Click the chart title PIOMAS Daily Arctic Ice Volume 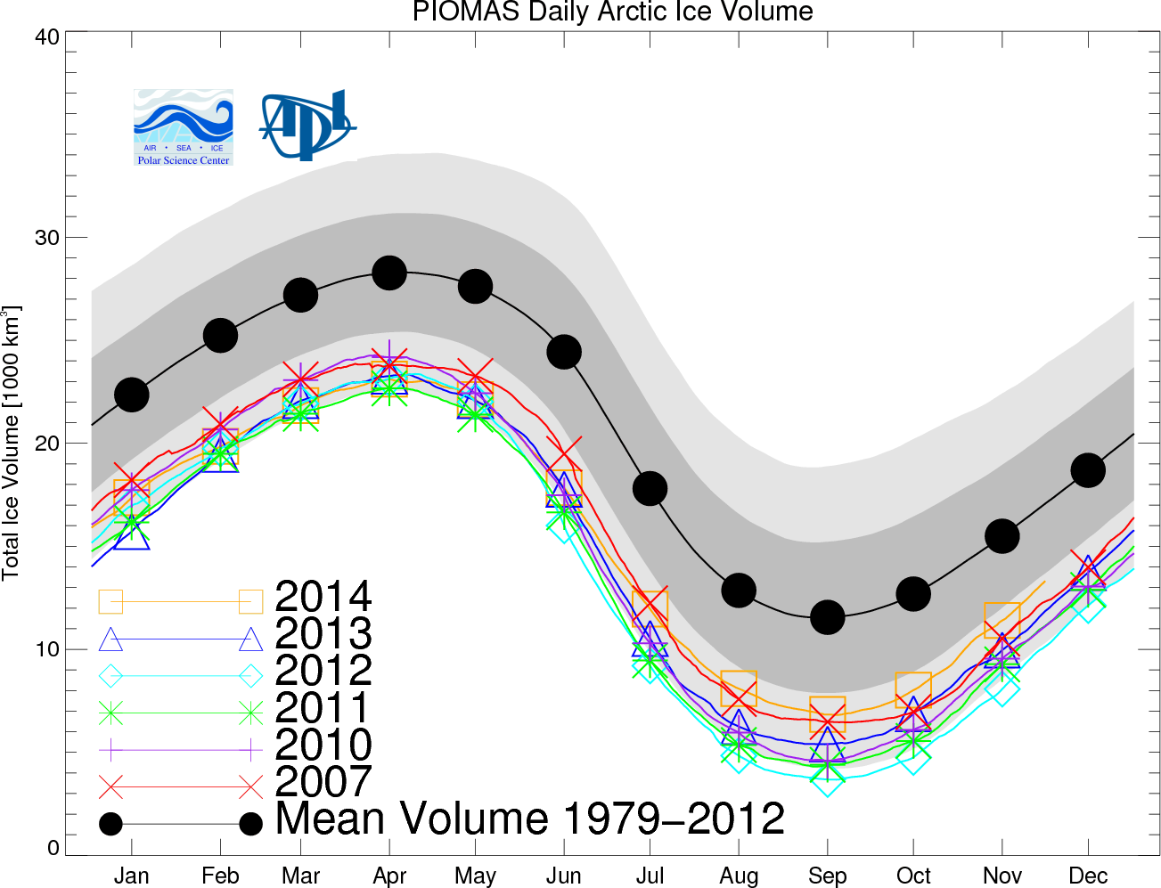(612, 12)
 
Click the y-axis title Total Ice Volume (12, 443)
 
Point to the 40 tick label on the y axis (47, 37)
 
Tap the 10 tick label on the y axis (47, 648)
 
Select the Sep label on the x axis (827, 876)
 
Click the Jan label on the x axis (132, 876)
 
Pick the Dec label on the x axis (1087, 876)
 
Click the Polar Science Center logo (184, 127)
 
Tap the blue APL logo (307, 125)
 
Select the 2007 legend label (323, 782)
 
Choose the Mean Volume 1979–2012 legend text (530, 819)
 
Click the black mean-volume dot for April (389, 273)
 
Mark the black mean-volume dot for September (827, 616)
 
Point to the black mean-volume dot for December (1087, 470)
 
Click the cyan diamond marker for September (827, 779)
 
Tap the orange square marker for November (1002, 620)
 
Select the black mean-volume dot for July (650, 488)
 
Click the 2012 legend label (323, 671)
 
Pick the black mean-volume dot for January (132, 394)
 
